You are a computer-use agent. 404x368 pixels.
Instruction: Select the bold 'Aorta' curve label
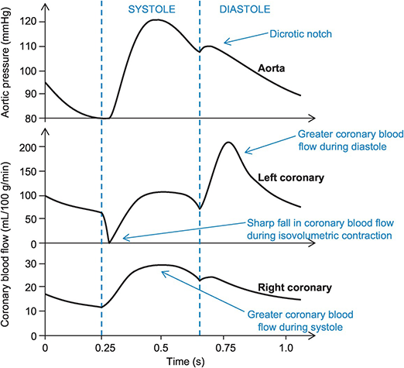point(272,68)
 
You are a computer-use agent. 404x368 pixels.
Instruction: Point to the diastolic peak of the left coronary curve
point(228,143)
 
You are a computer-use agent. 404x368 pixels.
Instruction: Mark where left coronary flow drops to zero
point(111,243)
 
